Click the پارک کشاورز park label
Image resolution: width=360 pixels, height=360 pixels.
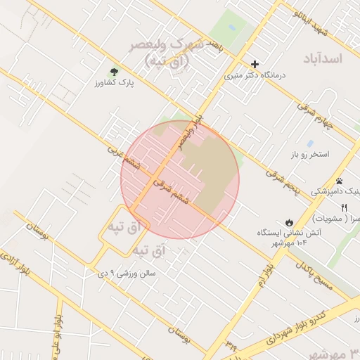tap(114, 83)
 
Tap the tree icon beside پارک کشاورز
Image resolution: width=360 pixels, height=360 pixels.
tap(114, 71)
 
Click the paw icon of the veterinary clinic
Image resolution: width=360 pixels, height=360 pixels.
tap(338, 181)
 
